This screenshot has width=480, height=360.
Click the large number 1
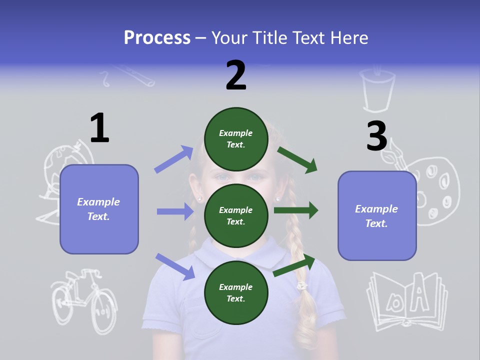[x=99, y=128]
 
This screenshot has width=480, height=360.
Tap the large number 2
[x=235, y=75]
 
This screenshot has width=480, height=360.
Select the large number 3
[x=376, y=136]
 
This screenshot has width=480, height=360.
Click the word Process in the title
[x=157, y=37]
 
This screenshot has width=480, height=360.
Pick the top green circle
[x=236, y=139]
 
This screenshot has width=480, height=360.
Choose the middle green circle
[x=236, y=215]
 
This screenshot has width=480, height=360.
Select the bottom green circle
[x=236, y=292]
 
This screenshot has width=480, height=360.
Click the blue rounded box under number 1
[x=99, y=209]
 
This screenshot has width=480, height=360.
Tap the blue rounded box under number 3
[x=377, y=215]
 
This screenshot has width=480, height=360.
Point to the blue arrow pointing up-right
[x=174, y=159]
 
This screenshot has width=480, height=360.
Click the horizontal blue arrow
[x=175, y=211]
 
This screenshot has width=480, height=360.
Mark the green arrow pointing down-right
[x=297, y=160]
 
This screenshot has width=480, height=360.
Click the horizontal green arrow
[x=296, y=210]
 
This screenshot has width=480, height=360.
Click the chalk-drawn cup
[x=378, y=90]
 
